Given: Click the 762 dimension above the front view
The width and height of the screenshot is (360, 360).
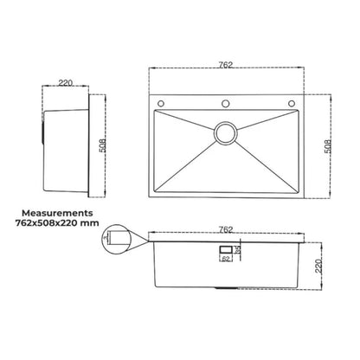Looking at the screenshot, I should coord(226,230).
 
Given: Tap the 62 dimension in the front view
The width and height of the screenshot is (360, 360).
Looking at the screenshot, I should coord(225,258).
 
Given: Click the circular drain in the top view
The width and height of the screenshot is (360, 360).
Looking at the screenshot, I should coord(227,132).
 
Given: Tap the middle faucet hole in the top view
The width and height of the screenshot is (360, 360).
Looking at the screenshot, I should coord(227,103).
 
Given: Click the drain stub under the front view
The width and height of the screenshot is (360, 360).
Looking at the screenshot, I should coord(224,287).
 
